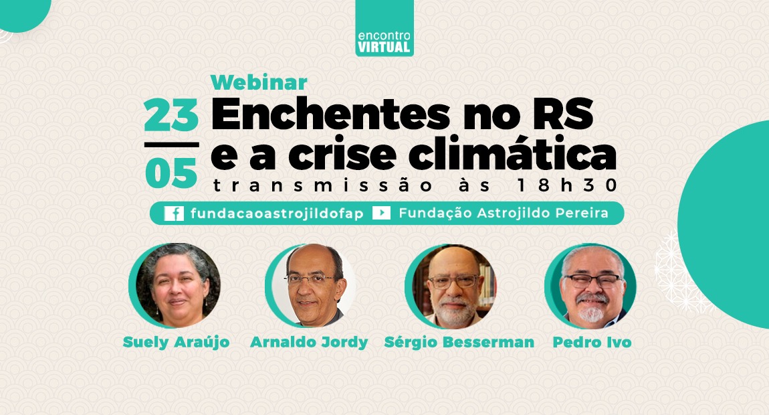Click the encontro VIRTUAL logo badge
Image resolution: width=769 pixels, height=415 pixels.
(384, 28)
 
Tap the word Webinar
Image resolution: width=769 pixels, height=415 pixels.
(259, 82)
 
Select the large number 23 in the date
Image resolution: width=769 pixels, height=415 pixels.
(171, 115)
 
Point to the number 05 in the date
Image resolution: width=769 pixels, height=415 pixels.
(171, 173)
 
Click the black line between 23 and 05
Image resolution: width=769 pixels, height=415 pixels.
(171, 145)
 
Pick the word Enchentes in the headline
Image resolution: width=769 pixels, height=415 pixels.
(330, 114)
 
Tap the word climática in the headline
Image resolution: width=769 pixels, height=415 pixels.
(512, 154)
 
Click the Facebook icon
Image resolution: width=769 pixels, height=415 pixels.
(174, 213)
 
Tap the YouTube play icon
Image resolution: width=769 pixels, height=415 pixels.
(382, 213)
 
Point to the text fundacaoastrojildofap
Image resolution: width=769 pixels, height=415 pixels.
(277, 214)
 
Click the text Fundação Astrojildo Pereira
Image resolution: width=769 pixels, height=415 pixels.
(504, 213)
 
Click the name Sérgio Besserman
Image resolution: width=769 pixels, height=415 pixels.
(459, 342)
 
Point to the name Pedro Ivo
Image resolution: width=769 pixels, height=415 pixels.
(592, 342)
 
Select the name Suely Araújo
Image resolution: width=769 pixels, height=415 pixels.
(176, 342)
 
